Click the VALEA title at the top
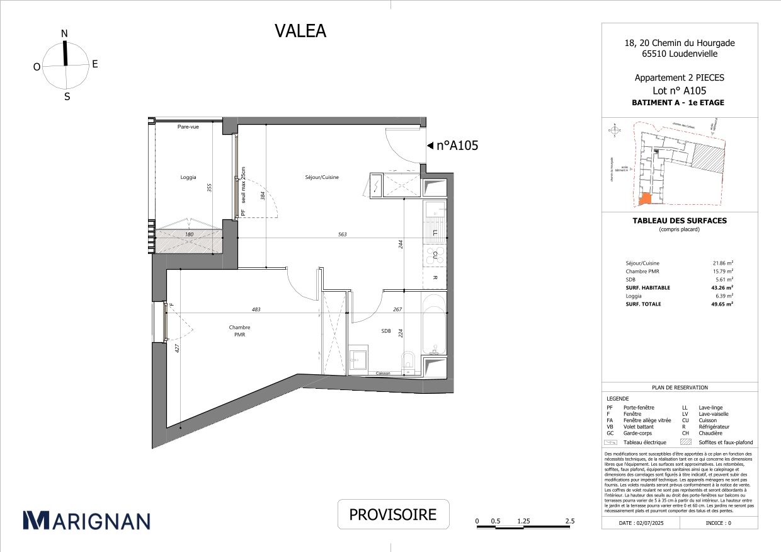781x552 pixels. click(x=300, y=31)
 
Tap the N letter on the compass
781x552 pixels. click(x=64, y=33)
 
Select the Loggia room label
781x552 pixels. click(x=188, y=178)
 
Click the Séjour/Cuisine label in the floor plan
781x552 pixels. click(x=322, y=177)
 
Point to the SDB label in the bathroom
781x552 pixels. click(x=385, y=331)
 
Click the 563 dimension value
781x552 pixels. click(x=342, y=234)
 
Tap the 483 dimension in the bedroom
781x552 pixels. click(x=256, y=309)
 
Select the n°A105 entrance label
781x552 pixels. click(x=457, y=146)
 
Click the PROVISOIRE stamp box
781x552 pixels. click(x=393, y=514)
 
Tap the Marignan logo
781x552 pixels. click(x=86, y=520)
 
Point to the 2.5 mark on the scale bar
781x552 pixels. click(x=569, y=521)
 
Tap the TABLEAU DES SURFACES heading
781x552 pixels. click(x=679, y=221)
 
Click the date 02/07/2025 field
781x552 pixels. click(x=641, y=523)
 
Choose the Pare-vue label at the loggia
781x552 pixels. click(x=188, y=127)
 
